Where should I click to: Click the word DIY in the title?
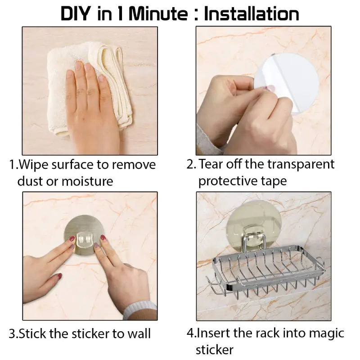[x=75, y=14]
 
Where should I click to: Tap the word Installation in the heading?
[x=252, y=14]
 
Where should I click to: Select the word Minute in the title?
[x=158, y=14]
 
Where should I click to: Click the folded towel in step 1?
[x=90, y=90]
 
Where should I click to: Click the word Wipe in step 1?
[x=33, y=165]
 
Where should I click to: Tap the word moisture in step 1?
[x=87, y=181]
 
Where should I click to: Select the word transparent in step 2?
[x=301, y=164]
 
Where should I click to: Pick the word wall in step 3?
[x=139, y=333]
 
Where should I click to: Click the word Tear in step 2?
[x=211, y=164]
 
